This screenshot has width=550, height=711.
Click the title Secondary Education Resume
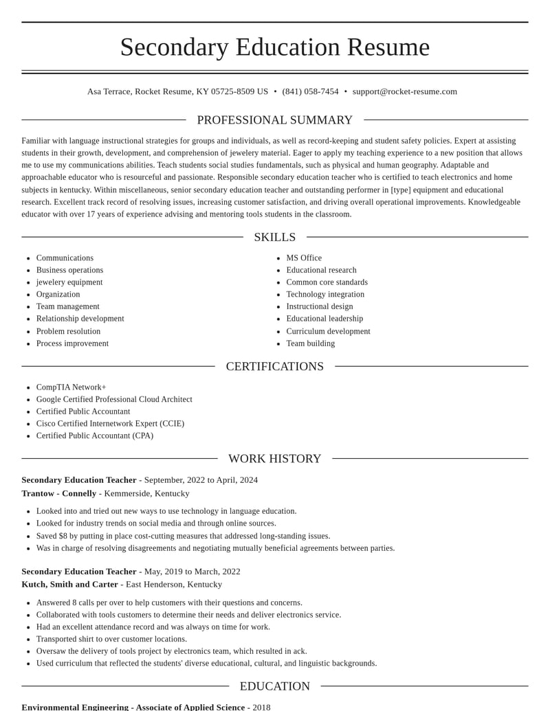pyautogui.click(x=275, y=47)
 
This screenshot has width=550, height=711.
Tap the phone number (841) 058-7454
pyautogui.click(x=310, y=91)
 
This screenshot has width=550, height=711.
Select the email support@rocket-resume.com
pyautogui.click(x=404, y=91)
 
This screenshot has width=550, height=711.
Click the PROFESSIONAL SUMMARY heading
pyautogui.click(x=275, y=120)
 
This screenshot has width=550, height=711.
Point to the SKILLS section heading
pyautogui.click(x=275, y=237)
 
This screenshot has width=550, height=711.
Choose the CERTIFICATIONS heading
pyautogui.click(x=275, y=366)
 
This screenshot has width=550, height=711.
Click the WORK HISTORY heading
pyautogui.click(x=275, y=458)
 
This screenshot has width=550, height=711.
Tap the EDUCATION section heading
pyautogui.click(x=275, y=686)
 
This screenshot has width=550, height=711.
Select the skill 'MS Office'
pyautogui.click(x=304, y=258)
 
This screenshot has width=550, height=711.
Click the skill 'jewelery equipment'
pyautogui.click(x=69, y=282)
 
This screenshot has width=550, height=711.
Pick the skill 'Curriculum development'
pyautogui.click(x=328, y=331)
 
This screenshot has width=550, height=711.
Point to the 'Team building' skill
pyautogui.click(x=311, y=343)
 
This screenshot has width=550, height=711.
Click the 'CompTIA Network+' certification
pyautogui.click(x=71, y=387)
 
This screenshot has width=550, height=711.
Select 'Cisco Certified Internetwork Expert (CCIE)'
pyautogui.click(x=110, y=423)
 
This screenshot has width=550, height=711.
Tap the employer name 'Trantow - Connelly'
pyautogui.click(x=59, y=493)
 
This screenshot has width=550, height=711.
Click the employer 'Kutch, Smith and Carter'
pyautogui.click(x=69, y=584)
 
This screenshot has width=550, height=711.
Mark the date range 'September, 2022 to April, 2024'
pyautogui.click(x=201, y=479)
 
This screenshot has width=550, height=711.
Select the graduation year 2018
pyautogui.click(x=261, y=707)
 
